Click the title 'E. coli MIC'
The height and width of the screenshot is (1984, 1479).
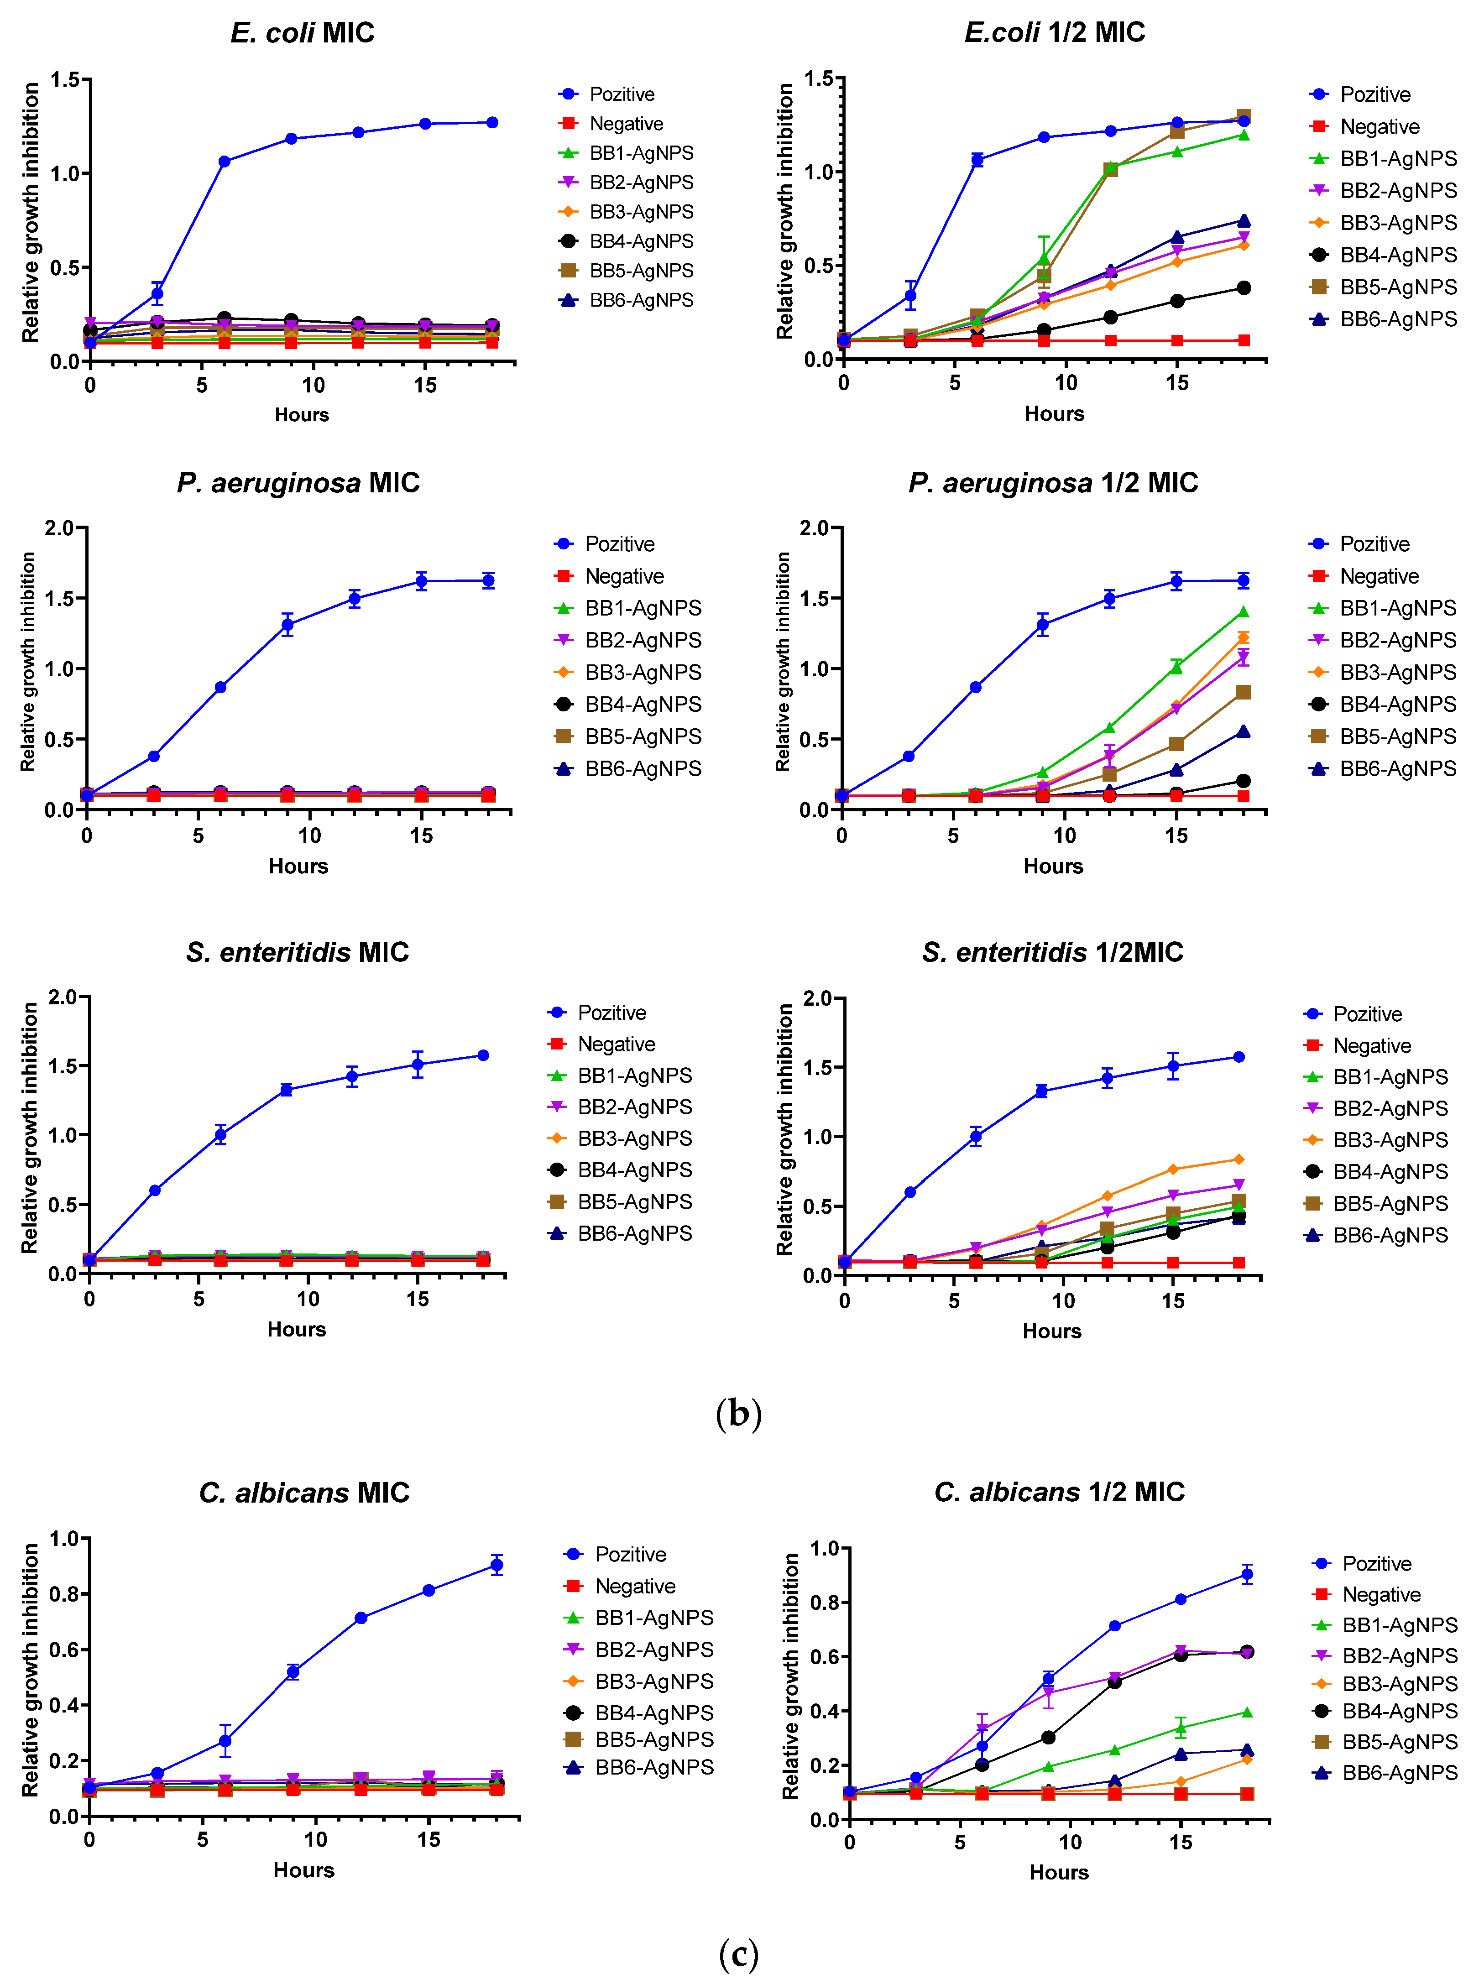coord(303,33)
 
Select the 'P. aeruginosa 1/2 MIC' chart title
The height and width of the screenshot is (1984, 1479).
coord(1053,484)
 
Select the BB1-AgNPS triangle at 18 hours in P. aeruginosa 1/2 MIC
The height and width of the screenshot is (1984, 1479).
coord(1243,612)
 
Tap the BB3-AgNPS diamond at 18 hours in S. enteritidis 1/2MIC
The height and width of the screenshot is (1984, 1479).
coord(1239,1159)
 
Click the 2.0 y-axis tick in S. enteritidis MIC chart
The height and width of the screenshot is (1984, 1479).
coord(63,997)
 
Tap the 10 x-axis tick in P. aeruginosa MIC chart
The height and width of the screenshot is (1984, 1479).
coord(310,836)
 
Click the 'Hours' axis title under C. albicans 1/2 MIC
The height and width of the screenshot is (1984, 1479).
coord(1059,1873)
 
